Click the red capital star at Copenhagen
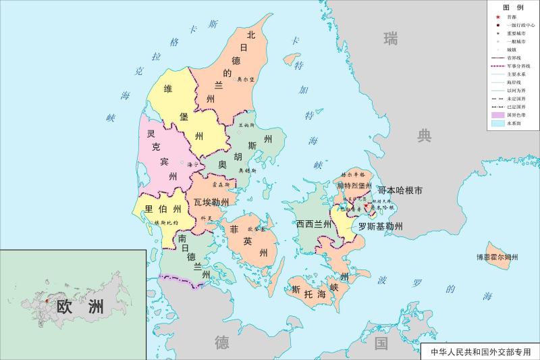(366, 207)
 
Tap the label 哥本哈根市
(400, 191)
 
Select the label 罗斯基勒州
(380, 226)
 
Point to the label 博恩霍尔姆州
(497, 257)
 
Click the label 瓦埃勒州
(211, 202)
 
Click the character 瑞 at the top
(390, 38)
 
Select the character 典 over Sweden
(424, 136)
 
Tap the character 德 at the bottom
(222, 342)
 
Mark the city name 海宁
(192, 163)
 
